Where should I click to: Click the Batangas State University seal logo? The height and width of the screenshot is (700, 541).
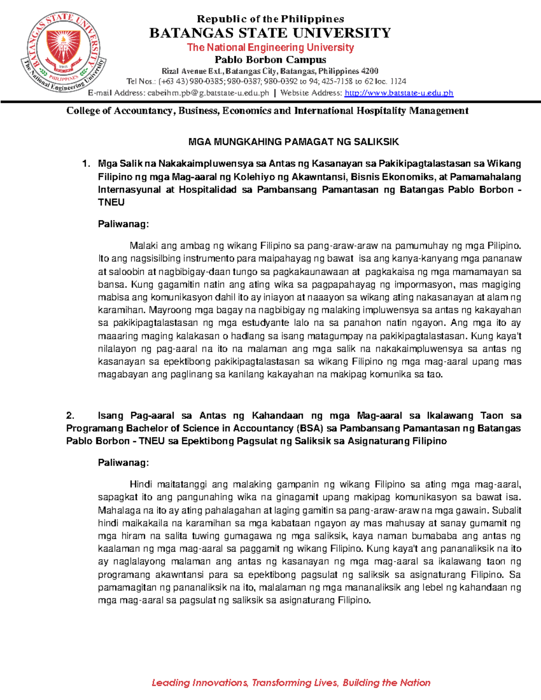(63, 53)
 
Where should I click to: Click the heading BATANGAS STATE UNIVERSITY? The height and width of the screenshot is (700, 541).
(270, 33)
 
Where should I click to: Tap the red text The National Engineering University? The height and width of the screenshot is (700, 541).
(270, 47)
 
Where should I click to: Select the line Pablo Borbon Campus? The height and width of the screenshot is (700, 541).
(270, 59)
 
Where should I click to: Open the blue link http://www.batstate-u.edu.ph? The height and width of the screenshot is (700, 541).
(399, 93)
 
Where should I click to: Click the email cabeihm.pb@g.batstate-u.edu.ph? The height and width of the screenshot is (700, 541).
(207, 93)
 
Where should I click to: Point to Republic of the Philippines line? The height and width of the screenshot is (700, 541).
(270, 19)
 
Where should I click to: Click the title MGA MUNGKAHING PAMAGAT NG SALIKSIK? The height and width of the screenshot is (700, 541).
(293, 142)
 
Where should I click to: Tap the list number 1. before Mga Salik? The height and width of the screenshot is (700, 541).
(87, 164)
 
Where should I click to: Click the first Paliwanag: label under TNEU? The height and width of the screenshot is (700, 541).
(123, 224)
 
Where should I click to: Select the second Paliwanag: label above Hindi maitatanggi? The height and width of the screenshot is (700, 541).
(123, 463)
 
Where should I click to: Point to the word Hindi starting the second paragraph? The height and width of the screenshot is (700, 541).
(141, 485)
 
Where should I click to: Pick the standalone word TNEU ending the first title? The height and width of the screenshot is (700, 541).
(111, 202)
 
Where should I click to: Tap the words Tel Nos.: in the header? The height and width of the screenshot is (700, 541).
(141, 82)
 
